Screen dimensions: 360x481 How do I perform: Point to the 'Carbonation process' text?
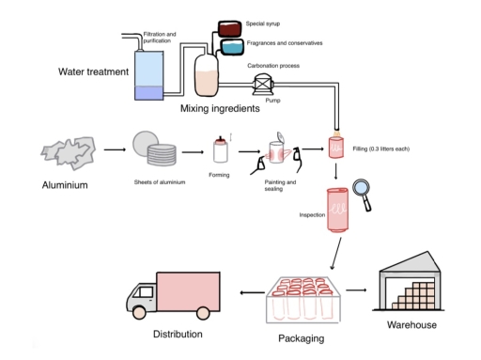[x=275, y=66]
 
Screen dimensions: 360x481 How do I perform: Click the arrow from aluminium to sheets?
[x=116, y=149]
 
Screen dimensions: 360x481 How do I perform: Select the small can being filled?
[x=335, y=149]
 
